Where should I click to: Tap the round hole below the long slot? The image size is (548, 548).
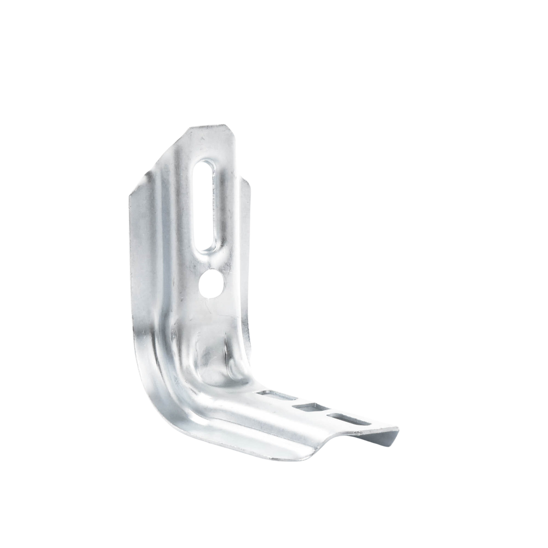[211, 283]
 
